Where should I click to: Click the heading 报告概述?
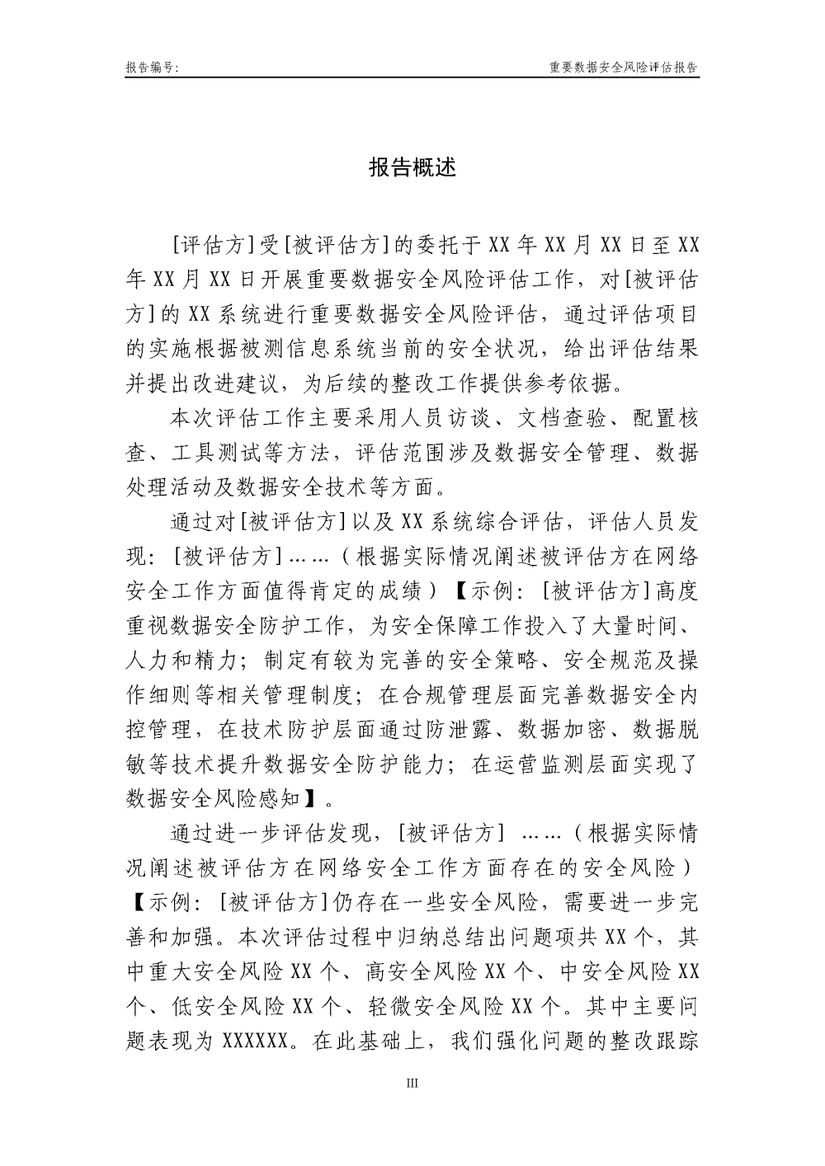(x=412, y=167)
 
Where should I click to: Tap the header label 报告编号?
(x=153, y=68)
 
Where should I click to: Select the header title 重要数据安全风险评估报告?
(x=624, y=68)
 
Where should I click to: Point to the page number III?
(x=412, y=1082)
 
